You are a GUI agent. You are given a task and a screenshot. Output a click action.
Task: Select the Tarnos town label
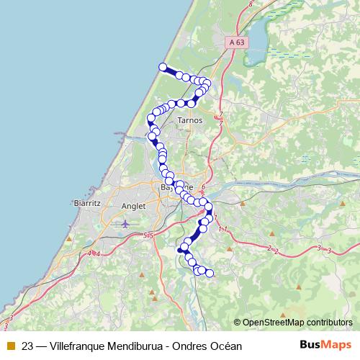tap(189, 120)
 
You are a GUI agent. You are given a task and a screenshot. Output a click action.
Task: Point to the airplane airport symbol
tap(126, 224)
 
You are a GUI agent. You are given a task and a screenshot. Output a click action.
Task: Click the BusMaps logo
tap(326, 344)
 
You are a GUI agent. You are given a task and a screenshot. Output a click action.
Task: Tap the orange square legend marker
tap(9, 345)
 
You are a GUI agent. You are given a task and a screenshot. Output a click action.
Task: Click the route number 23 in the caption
tap(28, 345)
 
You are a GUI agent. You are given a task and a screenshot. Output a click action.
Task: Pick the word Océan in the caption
tap(226, 345)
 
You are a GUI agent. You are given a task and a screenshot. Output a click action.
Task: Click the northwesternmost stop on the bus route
tap(163, 67)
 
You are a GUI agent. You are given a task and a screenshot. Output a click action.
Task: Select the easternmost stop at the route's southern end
tap(210, 273)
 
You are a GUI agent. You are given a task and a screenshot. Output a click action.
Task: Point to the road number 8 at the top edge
tap(251, 4)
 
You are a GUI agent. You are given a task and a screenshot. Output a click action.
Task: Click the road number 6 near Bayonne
tap(204, 188)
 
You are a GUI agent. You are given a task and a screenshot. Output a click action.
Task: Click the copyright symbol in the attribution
tap(237, 323)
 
